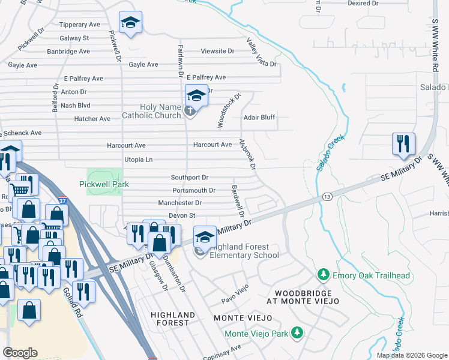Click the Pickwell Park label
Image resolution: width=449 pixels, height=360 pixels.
click(104, 184)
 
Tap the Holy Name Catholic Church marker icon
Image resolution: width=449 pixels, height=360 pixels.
click(190, 111)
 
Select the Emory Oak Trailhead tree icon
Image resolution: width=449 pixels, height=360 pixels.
click(324, 275)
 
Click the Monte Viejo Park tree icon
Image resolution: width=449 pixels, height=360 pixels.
click(296, 332)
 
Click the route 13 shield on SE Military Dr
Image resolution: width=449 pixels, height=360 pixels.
click(327, 196)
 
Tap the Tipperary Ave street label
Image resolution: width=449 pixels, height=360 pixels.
click(79, 25)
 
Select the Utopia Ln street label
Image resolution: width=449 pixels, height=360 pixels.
click(138, 160)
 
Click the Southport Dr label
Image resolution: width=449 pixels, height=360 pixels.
click(189, 178)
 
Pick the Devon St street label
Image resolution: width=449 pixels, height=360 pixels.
click(182, 215)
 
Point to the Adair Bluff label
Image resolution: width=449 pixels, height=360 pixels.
click(259, 118)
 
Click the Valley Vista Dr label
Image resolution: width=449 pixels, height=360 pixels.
click(262, 53)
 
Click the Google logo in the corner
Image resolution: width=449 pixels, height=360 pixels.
click(20, 353)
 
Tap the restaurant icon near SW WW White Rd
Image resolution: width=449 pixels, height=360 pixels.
click(402, 144)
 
